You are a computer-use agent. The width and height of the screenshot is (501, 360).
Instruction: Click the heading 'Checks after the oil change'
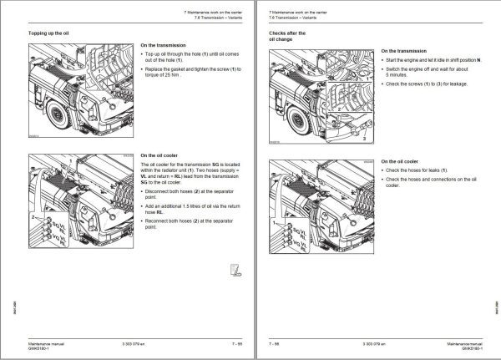286,35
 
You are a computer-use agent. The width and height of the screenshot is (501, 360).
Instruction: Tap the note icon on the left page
236,269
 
